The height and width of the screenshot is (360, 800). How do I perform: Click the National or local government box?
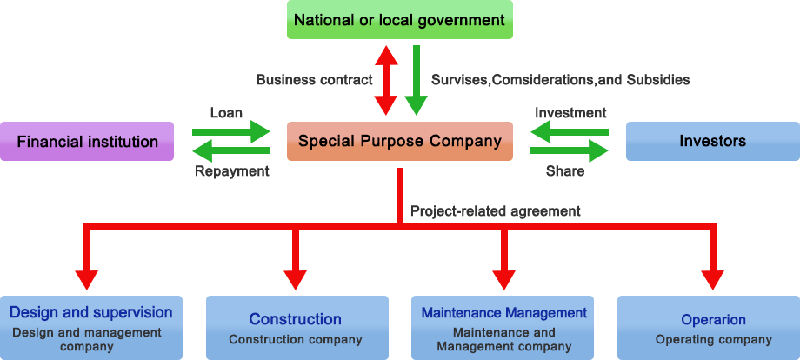(399, 19)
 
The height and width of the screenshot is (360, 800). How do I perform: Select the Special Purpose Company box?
(399, 140)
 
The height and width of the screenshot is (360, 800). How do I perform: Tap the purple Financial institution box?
(87, 141)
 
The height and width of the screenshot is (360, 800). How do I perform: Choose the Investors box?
(712, 140)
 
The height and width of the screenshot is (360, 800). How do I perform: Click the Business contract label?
(314, 80)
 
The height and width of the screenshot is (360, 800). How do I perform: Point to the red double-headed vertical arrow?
(383, 80)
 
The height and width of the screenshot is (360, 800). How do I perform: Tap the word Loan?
(226, 113)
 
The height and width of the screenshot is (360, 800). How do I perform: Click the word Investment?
(570, 113)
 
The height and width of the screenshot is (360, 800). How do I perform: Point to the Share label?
(565, 171)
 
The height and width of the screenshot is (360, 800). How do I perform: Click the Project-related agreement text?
(496, 210)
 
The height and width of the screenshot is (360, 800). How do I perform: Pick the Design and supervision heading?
(90, 312)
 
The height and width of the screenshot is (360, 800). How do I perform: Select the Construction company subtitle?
(296, 339)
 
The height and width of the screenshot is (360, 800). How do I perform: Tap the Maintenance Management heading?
(504, 312)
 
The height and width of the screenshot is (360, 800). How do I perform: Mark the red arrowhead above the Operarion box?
(713, 278)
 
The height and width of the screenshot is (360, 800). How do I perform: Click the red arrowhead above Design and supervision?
(85, 278)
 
